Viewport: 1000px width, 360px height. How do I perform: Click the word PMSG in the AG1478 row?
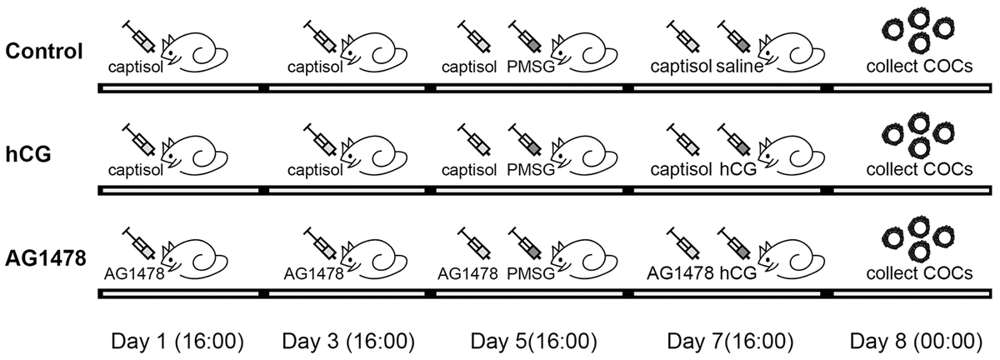tap(531, 273)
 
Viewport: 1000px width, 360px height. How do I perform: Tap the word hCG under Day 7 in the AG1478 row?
tap(733, 273)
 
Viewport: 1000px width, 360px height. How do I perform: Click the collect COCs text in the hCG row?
tap(919, 170)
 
